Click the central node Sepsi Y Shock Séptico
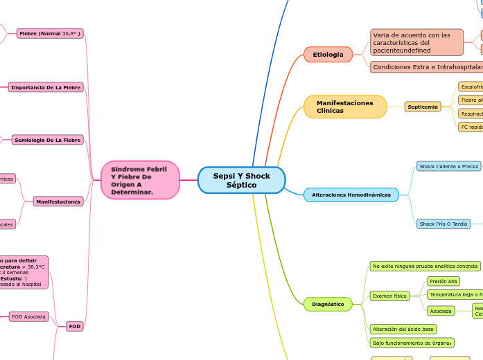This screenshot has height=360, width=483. pyautogui.click(x=241, y=181)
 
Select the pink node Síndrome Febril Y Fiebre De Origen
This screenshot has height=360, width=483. pyautogui.click(x=140, y=180)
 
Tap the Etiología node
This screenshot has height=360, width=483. pyautogui.click(x=328, y=54)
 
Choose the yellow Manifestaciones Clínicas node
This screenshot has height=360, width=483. pyautogui.click(x=345, y=107)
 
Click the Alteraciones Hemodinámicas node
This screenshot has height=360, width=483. pyautogui.click(x=351, y=195)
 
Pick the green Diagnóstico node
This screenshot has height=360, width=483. pyautogui.click(x=328, y=303)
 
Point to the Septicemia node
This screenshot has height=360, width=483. pyautogui.click(x=423, y=107)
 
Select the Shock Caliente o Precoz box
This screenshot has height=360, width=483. pyautogui.click(x=448, y=166)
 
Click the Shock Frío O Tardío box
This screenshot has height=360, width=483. pyautogui.click(x=444, y=224)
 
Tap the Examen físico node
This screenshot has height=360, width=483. pyautogui.click(x=389, y=296)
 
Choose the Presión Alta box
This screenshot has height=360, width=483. pyautogui.click(x=444, y=281)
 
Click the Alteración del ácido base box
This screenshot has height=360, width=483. pyautogui.click(x=403, y=329)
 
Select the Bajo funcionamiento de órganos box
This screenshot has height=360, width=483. pyautogui.click(x=412, y=342)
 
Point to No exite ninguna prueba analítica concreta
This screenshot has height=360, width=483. pyautogui.click(x=425, y=266)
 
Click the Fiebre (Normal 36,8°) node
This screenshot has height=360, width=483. pyautogui.click(x=50, y=33)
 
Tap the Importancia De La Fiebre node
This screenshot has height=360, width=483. pyautogui.click(x=46, y=87)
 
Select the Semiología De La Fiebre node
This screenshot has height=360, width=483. pyautogui.click(x=48, y=140)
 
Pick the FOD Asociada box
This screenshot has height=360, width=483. pyautogui.click(x=28, y=316)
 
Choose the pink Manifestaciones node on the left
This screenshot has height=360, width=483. pyautogui.click(x=58, y=201)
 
